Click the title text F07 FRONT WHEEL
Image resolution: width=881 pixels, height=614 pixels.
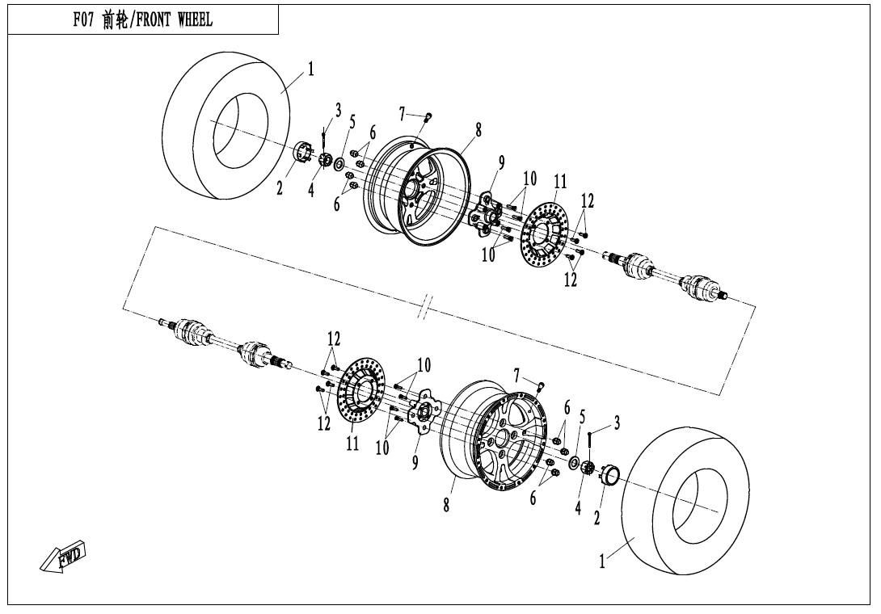coord(143,20)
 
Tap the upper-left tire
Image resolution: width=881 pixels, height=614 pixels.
coord(226,125)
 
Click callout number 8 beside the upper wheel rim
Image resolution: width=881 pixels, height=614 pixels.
coord(478,130)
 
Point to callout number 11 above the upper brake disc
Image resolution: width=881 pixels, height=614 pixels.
coord(560,182)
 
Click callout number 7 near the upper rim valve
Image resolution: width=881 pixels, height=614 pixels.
coord(401,115)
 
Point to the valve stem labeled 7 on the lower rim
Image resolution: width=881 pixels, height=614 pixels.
coord(542,386)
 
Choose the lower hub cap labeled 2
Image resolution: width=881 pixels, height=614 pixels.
coord(609,475)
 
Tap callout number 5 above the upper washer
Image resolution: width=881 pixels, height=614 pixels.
coord(352,122)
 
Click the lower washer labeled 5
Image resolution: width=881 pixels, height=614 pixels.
coord(575,462)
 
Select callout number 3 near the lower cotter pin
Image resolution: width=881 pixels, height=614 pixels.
coord(617,423)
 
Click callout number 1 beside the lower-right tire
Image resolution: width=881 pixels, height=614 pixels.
coord(602,561)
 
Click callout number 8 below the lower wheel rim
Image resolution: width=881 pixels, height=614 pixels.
coord(446,505)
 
